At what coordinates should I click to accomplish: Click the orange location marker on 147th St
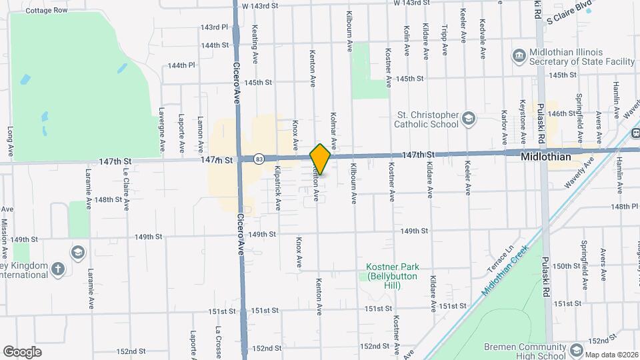321,159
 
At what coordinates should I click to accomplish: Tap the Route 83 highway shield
259,159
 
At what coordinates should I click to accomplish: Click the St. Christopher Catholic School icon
469,119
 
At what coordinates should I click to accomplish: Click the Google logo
23,351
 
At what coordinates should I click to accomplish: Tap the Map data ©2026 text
611,354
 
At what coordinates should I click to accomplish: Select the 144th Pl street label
181,65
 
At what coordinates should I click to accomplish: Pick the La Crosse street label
218,343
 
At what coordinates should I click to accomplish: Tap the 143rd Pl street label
214,28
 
